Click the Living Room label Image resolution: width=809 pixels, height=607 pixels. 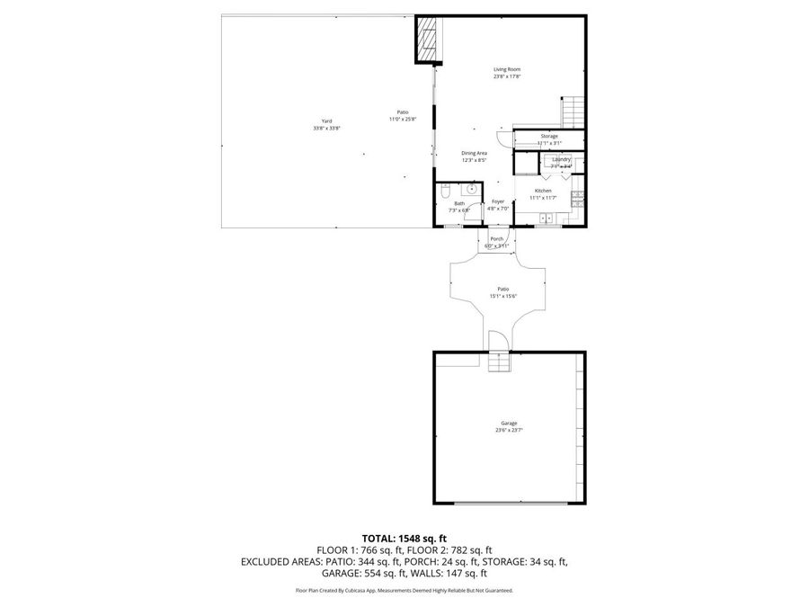pos(506,69)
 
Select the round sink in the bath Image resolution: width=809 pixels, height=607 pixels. pos(471,190)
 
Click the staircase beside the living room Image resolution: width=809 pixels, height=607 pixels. pos(573,112)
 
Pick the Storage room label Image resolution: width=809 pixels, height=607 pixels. pos(548,136)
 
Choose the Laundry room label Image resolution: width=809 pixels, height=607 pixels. pos(561,159)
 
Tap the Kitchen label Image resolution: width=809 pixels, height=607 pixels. pos(543,191)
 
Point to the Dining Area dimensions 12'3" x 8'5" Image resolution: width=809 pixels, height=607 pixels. pos(474,160)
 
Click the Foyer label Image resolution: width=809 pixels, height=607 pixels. pos(497,201)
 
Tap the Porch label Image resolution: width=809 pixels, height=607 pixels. pos(496,238)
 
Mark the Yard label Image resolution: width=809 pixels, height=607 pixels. pos(326,121)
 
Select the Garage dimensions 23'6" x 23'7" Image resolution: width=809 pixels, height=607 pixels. pos(509,430)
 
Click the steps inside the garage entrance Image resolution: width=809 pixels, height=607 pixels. pos(498,362)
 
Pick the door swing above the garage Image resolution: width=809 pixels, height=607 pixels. pos(496,341)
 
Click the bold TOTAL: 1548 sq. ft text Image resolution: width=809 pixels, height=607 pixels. pos(404,537)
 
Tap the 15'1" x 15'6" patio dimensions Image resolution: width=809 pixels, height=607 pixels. pos(503,296)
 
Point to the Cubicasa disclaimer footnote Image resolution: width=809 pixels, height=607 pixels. pos(404,591)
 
